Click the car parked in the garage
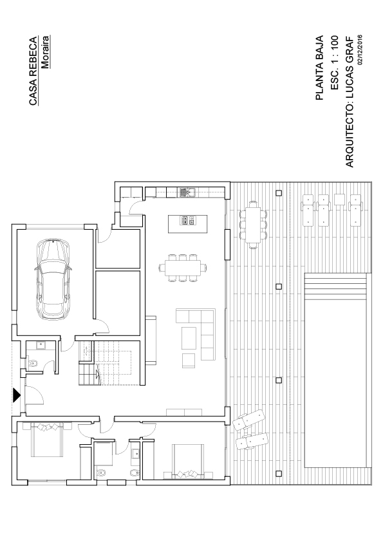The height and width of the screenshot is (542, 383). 53,279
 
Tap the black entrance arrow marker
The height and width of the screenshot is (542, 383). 17,395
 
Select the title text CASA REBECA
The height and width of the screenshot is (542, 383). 33,71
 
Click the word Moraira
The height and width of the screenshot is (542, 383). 46,52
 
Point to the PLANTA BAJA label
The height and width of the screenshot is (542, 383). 319,68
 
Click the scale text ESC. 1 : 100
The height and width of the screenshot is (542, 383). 334,62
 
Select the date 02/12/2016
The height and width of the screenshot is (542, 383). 360,50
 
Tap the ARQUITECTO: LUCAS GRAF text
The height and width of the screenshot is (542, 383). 350,102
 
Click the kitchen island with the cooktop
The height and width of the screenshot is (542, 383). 188,223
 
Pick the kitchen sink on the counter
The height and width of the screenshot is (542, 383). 187,192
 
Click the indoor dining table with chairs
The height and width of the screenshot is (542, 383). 183,268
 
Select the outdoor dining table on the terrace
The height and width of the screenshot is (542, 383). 254,225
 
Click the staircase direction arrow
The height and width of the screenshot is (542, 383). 97,373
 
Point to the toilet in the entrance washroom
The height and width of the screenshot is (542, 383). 32,363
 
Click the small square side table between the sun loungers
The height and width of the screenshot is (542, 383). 340,199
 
